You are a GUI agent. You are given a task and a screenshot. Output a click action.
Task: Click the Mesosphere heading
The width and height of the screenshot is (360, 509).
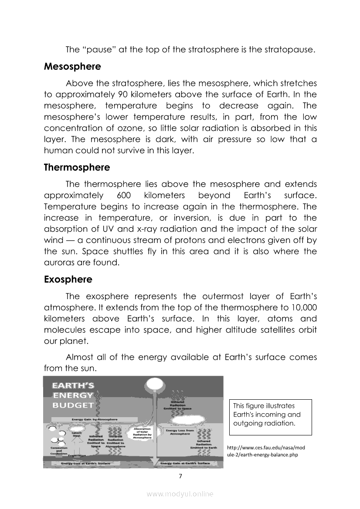pos(72,67)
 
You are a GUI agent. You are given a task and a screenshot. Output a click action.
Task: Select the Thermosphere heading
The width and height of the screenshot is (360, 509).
pos(77,167)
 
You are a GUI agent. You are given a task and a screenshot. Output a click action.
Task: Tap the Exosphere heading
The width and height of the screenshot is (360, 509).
pos(68,279)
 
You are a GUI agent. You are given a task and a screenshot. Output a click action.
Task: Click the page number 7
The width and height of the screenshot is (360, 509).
pos(180,475)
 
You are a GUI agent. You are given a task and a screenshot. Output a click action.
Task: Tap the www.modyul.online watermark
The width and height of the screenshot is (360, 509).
pos(180,494)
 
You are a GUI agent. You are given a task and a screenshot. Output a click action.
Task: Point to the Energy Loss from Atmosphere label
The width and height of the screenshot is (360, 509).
pos(180,431)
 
